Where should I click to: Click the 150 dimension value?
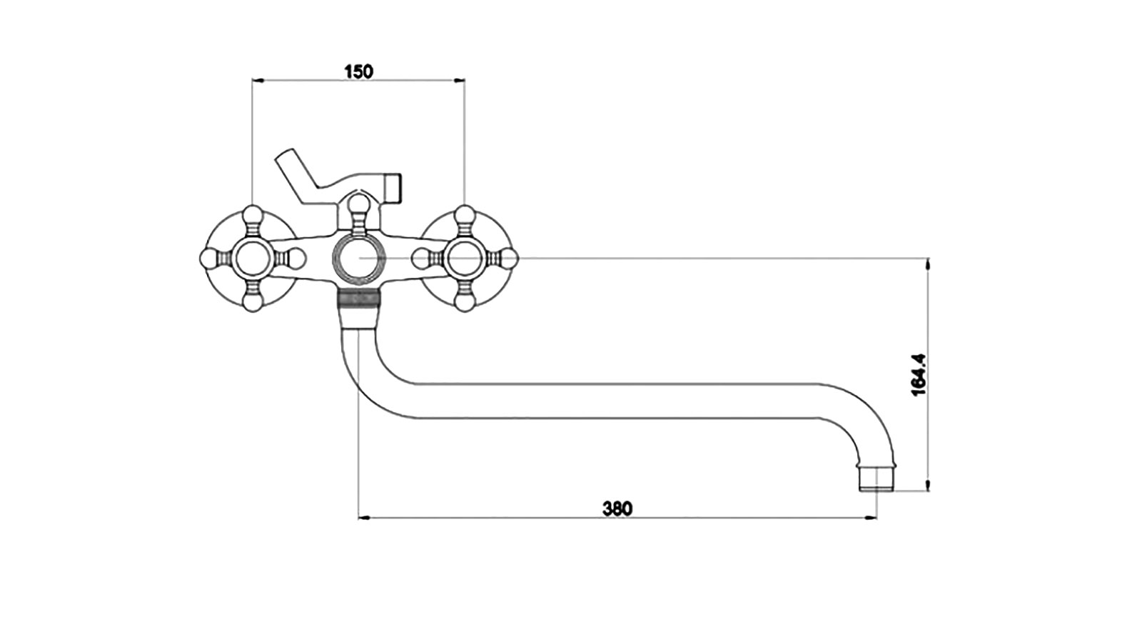[359, 71]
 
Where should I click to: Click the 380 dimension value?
[617, 508]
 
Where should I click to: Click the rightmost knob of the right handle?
[508, 258]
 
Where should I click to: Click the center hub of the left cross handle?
[253, 258]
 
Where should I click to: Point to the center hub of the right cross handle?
[464, 258]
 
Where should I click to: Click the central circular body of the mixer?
[358, 258]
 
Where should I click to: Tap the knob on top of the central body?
[358, 204]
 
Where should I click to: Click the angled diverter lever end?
[285, 157]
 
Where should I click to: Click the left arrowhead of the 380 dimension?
[363, 518]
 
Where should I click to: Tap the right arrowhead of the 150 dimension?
[460, 80]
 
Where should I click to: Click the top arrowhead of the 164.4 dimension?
[927, 264]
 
